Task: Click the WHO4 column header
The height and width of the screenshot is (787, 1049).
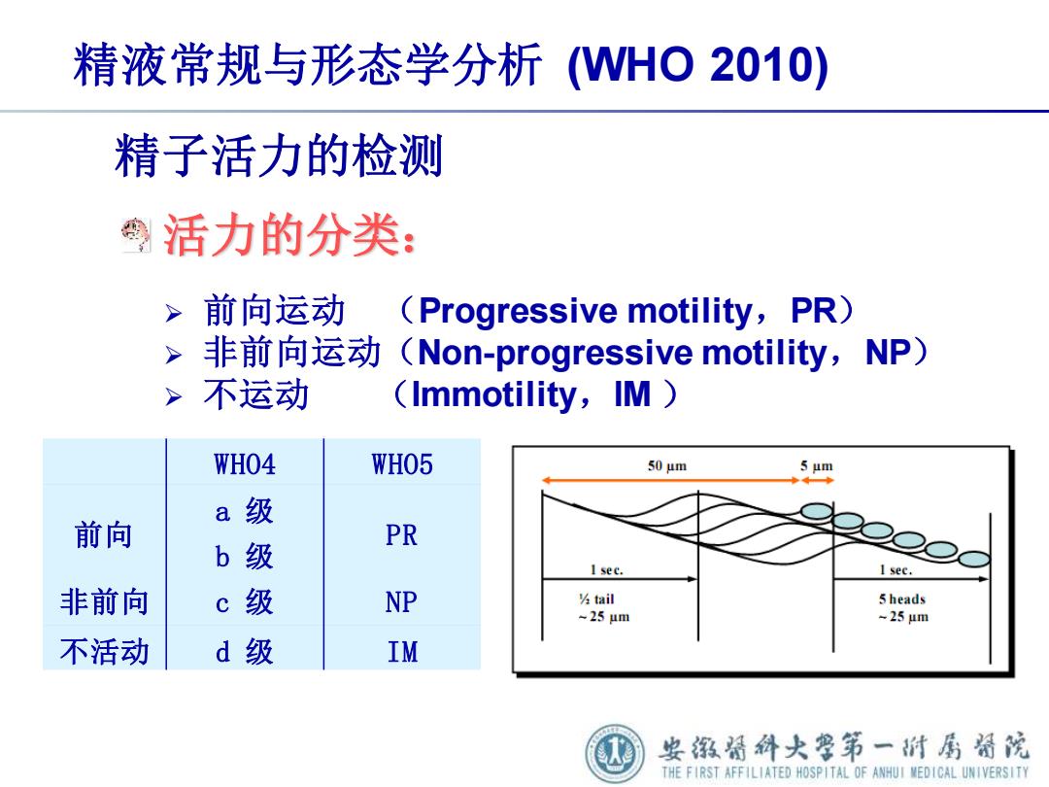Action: (x=244, y=464)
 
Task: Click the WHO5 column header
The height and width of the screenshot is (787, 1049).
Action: (x=402, y=464)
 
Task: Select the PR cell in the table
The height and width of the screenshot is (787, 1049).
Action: (x=401, y=535)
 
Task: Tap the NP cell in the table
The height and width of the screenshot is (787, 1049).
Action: (x=401, y=602)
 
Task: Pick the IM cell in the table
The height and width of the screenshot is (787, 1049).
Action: (x=403, y=652)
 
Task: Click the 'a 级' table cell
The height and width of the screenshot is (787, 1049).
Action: (x=244, y=511)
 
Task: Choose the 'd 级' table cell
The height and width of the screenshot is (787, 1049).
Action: (x=244, y=651)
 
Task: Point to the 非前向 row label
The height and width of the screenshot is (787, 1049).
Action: (x=104, y=601)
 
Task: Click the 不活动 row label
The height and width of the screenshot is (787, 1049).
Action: (x=104, y=651)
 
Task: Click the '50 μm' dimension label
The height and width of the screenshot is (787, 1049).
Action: (x=667, y=465)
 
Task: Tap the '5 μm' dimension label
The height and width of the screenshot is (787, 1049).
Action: (x=817, y=465)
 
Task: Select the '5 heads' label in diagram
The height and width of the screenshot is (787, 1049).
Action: (x=901, y=599)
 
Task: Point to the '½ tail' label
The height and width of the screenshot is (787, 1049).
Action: (x=596, y=599)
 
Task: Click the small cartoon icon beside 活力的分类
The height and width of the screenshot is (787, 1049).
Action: (x=136, y=235)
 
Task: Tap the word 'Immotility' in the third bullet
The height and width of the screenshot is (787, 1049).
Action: (x=493, y=394)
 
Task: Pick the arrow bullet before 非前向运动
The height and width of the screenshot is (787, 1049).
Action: (x=174, y=355)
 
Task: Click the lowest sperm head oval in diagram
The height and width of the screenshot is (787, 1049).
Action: (x=974, y=558)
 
